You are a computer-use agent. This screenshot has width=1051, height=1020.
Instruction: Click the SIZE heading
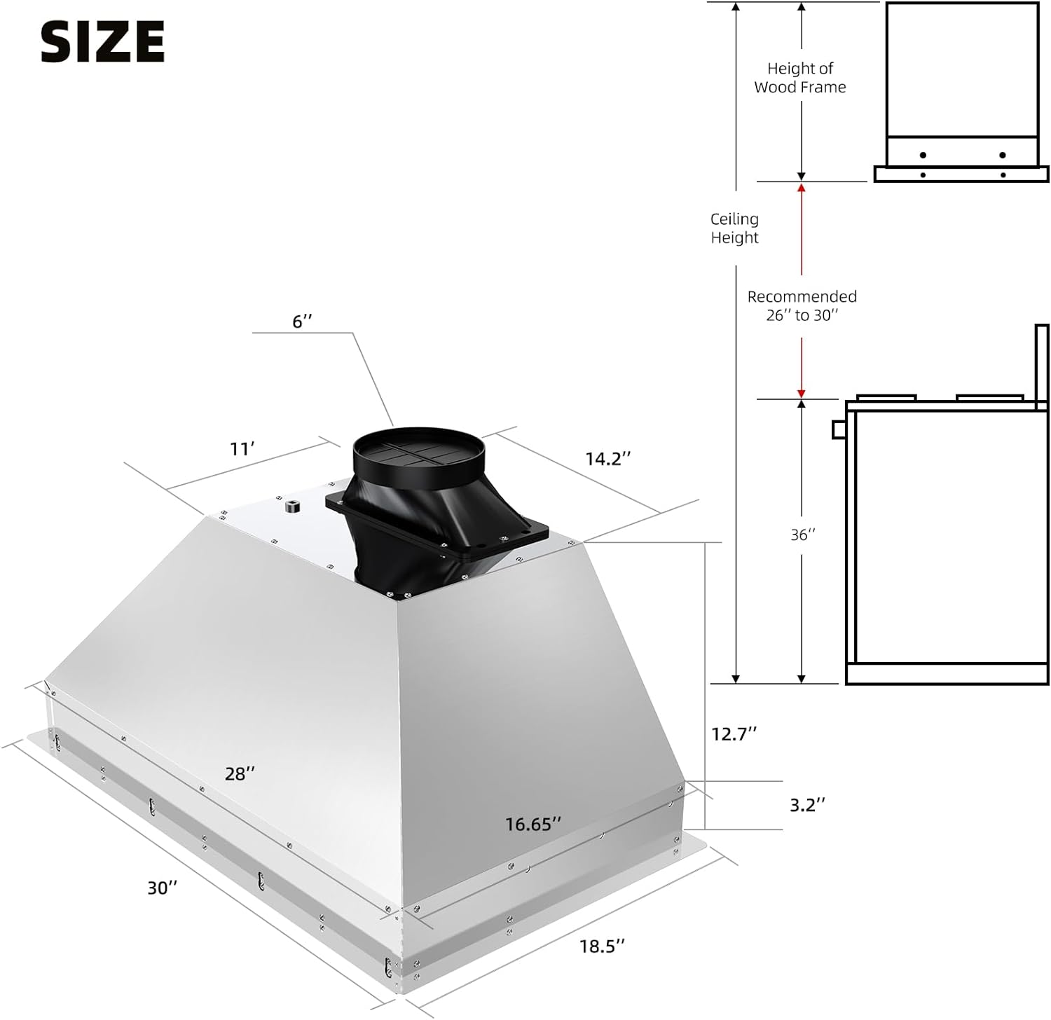[x=102, y=41]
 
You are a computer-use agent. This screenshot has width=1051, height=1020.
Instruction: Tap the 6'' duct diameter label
[x=302, y=322]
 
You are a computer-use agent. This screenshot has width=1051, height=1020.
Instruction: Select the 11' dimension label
[x=242, y=449]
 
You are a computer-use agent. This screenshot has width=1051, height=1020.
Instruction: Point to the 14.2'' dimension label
[x=608, y=459]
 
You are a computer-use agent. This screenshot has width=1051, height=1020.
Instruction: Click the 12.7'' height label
[x=734, y=733]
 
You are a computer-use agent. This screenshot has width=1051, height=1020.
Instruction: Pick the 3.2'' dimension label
[x=807, y=805]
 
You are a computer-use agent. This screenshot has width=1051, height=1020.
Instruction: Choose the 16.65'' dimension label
[x=533, y=825]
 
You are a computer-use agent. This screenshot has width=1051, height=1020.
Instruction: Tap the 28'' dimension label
[x=240, y=773]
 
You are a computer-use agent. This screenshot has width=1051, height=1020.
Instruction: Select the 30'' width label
[x=163, y=888]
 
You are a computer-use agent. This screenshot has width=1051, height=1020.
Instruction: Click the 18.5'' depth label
[x=602, y=946]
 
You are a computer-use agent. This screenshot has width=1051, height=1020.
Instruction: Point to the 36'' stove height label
[x=803, y=535]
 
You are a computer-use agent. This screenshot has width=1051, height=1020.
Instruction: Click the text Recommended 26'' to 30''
[x=802, y=306]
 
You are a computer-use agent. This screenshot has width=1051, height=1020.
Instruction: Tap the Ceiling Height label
[x=734, y=228]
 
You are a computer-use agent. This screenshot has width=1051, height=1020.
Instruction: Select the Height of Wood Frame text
[x=800, y=78]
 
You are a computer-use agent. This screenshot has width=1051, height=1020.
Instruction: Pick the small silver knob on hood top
[x=290, y=506]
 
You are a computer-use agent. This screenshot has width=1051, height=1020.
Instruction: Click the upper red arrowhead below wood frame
[x=802, y=188]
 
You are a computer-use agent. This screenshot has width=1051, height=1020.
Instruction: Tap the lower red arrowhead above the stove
[x=802, y=393]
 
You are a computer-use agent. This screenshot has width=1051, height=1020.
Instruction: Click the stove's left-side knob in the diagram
[x=838, y=429]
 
